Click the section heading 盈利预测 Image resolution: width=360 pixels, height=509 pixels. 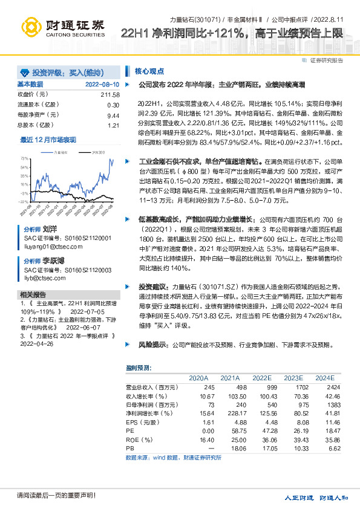click(139, 368)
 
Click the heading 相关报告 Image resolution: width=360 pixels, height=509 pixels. click(32, 294)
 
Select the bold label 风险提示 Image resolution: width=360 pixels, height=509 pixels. click(152, 345)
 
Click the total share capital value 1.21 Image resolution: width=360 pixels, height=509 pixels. click(114, 126)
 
